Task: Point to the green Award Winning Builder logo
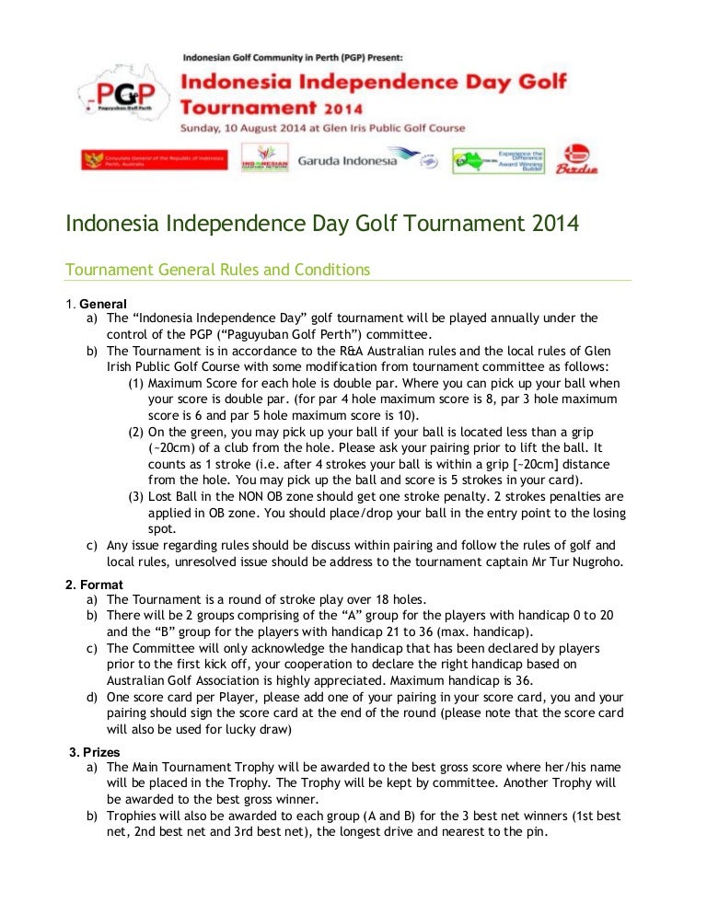point(498,160)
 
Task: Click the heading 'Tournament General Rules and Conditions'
point(217,270)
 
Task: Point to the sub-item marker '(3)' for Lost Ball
point(135,497)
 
